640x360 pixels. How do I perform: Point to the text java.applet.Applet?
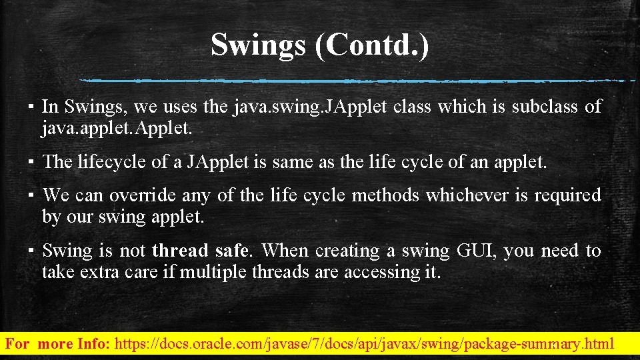tap(117, 128)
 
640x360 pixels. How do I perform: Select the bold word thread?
tap(180, 251)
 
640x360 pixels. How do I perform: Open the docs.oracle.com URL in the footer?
tap(364, 345)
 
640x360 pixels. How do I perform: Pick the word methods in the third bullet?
tap(387, 195)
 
